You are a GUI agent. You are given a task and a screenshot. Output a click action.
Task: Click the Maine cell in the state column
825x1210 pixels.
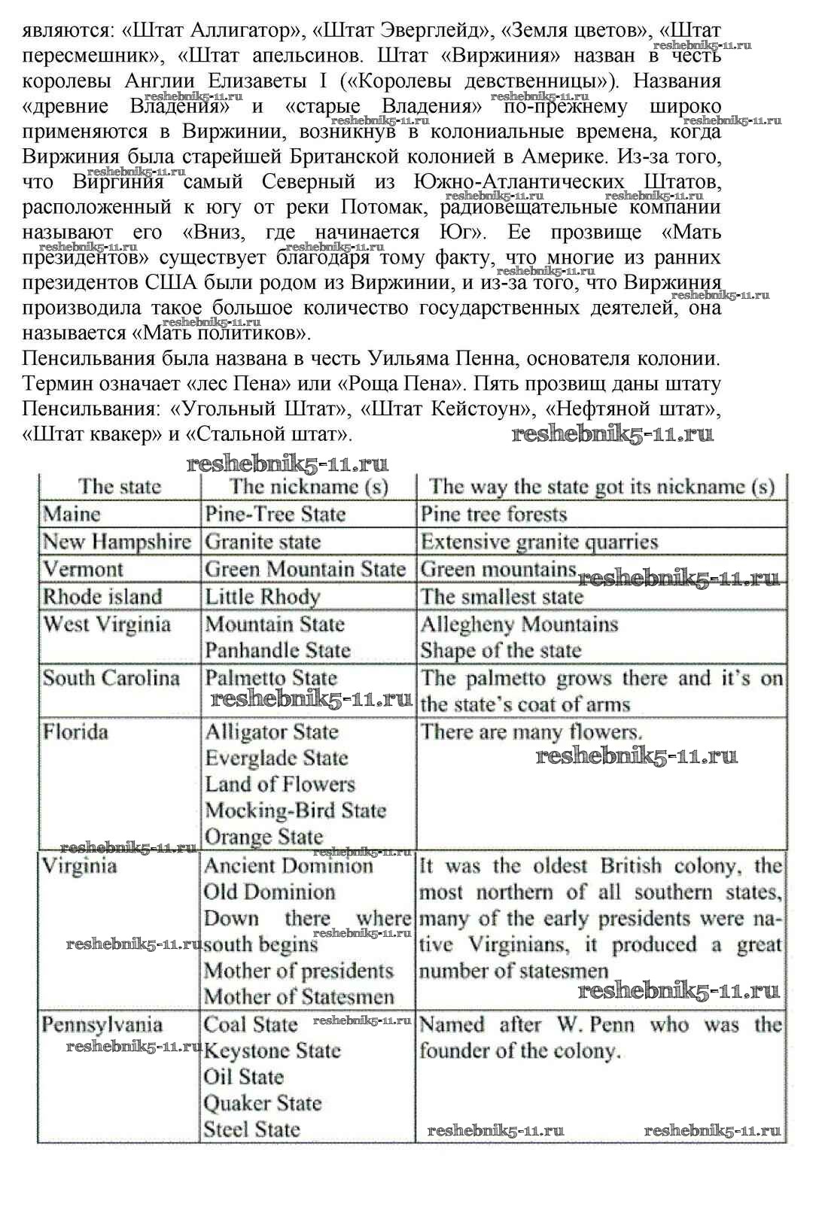(x=72, y=515)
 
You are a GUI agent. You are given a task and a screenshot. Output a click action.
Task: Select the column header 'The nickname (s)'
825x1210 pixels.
(x=309, y=487)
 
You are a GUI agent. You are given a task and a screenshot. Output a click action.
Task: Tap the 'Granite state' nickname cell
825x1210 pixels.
(x=263, y=543)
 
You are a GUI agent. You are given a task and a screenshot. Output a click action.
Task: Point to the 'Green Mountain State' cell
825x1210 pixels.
(x=305, y=570)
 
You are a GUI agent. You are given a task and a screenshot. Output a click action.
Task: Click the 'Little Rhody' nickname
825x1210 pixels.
(x=263, y=597)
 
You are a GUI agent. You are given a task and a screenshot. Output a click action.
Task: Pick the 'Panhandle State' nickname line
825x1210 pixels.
(x=278, y=651)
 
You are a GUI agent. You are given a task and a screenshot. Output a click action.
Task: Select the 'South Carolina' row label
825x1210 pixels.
(x=111, y=679)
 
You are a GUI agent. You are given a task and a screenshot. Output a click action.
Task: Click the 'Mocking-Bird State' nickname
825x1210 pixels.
(x=295, y=811)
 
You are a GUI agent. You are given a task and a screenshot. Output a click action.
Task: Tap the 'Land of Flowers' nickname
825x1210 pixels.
(x=279, y=785)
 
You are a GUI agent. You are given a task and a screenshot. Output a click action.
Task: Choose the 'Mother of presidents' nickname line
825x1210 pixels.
(x=299, y=971)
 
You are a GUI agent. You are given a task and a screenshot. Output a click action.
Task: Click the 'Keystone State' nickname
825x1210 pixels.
(x=272, y=1051)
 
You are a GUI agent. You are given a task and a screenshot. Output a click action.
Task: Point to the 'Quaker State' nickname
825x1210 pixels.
(x=263, y=1104)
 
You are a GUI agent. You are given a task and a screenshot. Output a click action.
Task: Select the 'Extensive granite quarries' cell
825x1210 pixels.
(x=539, y=543)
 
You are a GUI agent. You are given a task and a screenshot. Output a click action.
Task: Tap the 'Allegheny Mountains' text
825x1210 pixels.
(x=519, y=625)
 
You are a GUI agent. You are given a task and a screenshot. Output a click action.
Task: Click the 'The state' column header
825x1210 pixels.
(x=120, y=487)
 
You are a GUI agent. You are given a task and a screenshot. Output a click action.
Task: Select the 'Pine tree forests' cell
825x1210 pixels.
(x=494, y=515)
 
